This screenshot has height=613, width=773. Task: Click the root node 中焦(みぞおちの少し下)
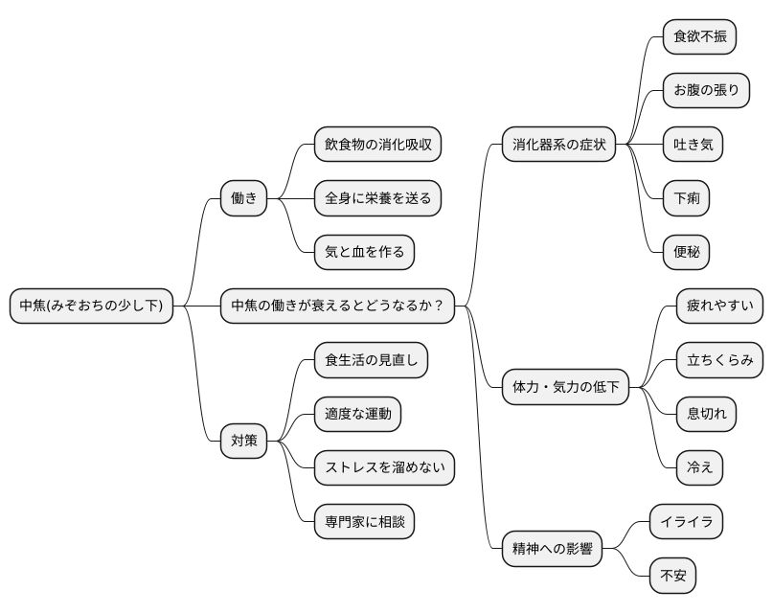[92, 306]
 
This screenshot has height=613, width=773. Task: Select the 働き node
[243, 198]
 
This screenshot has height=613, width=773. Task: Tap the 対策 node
[243, 441]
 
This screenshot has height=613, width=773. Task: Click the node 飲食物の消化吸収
[377, 145]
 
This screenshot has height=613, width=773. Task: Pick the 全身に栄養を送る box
[377, 198]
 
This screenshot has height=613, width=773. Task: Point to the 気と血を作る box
[364, 252]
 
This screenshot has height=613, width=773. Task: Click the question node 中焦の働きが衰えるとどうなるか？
[337, 306]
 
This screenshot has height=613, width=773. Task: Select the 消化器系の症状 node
[558, 145]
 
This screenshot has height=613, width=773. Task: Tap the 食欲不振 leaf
[699, 37]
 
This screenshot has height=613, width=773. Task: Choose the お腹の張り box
[706, 91]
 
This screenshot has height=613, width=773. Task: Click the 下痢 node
[686, 198]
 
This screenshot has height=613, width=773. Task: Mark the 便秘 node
[686, 252]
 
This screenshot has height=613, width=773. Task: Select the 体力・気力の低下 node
[565, 387]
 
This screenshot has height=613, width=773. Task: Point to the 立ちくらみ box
[719, 360]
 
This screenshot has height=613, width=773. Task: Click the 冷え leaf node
[699, 467]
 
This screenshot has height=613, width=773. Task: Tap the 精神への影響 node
[552, 549]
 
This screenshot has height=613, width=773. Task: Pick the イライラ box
[686, 522]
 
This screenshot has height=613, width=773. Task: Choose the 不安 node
[672, 576]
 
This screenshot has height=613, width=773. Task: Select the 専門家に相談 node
[364, 522]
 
